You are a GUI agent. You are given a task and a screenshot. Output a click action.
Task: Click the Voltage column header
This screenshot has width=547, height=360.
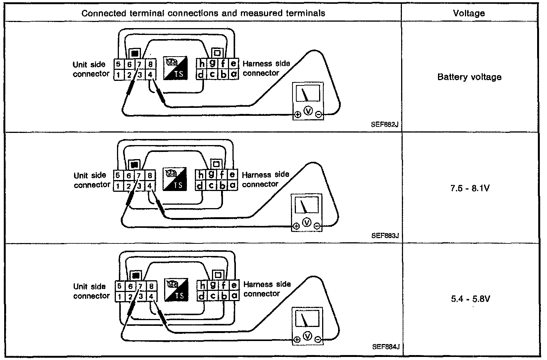(469, 13)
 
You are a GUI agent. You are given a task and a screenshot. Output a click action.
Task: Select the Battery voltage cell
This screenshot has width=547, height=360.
(469, 77)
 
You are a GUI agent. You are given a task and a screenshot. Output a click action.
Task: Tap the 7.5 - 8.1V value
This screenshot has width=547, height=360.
(470, 188)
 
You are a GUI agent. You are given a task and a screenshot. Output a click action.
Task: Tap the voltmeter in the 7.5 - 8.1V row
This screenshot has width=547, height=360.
(306, 213)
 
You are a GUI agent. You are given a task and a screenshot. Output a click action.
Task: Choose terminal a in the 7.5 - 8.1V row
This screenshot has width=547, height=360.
(233, 185)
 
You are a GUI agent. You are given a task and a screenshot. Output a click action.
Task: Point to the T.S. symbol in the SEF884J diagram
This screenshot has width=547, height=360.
(177, 290)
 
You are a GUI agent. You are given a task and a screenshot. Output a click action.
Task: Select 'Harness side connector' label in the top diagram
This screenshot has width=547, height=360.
(266, 68)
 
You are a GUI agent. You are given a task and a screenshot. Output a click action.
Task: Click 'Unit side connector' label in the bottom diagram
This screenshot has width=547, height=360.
(91, 291)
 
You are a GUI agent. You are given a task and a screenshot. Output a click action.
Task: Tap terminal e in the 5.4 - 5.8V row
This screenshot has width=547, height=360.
(234, 285)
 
